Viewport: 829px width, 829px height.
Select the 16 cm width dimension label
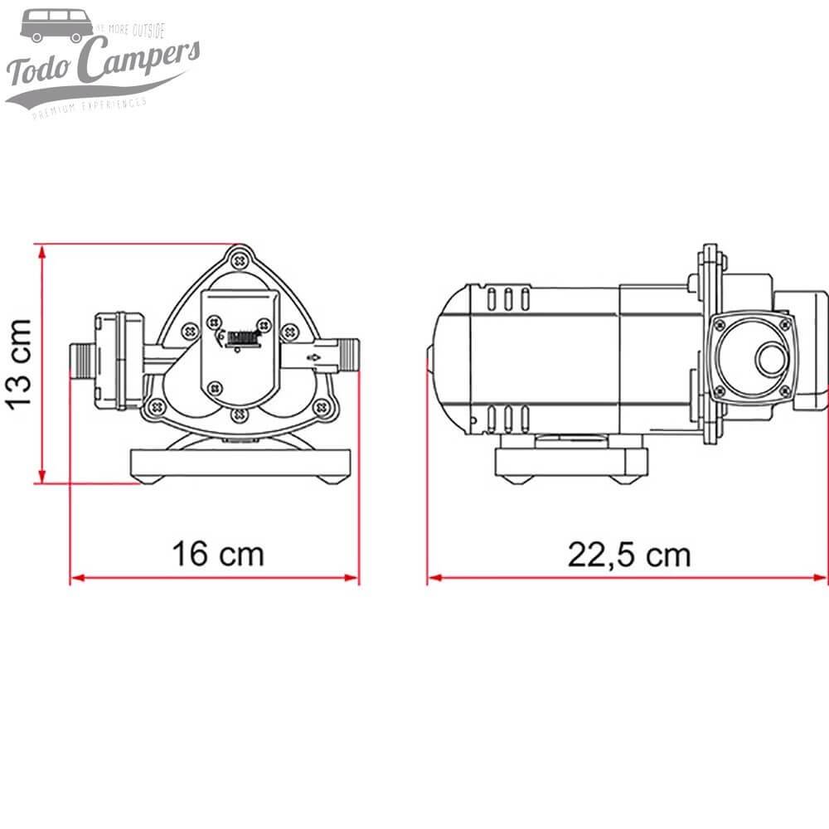click(x=217, y=553)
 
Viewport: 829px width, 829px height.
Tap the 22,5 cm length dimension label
click(x=628, y=554)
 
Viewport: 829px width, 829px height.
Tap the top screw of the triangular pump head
click(x=240, y=259)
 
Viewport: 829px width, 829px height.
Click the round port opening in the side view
click(x=768, y=358)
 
